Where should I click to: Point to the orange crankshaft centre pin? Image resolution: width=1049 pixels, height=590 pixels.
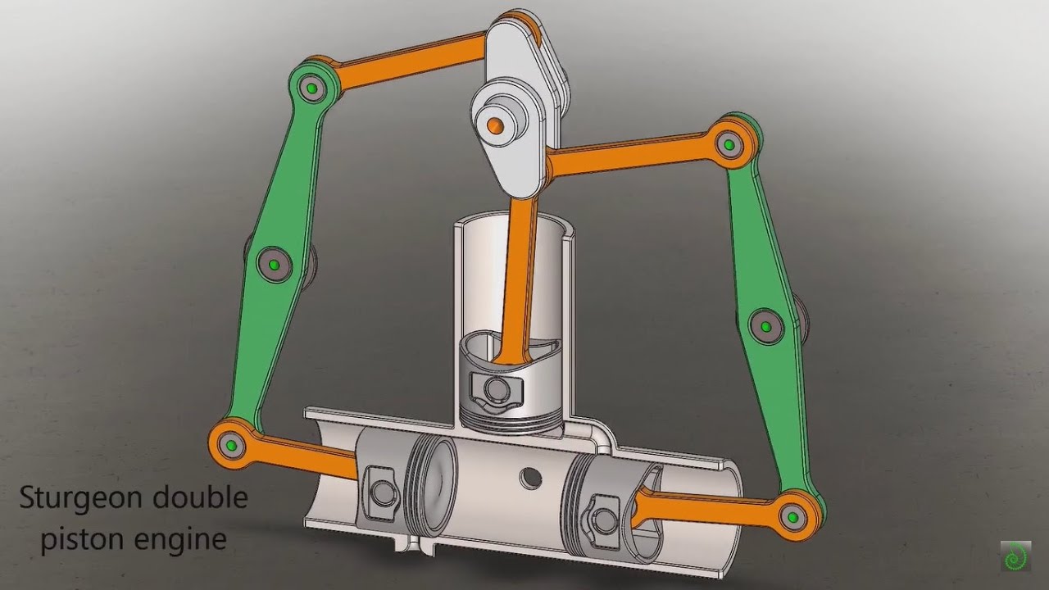(x=495, y=125)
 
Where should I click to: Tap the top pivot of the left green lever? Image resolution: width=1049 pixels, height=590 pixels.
(x=311, y=88)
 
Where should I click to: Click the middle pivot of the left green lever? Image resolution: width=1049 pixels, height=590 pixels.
(x=274, y=264)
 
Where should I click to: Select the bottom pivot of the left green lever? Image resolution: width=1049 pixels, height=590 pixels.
(x=230, y=445)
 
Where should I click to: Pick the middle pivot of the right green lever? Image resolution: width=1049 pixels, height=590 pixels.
(x=765, y=327)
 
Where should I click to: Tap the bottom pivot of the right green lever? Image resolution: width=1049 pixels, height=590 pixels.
(x=792, y=516)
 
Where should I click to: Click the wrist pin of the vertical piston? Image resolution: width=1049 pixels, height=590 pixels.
(x=493, y=386)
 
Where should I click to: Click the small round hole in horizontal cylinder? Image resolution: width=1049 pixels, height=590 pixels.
(x=531, y=477)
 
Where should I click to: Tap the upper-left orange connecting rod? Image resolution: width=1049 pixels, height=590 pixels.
(x=410, y=61)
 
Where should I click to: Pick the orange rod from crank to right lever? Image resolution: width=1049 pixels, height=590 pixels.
(x=631, y=157)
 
